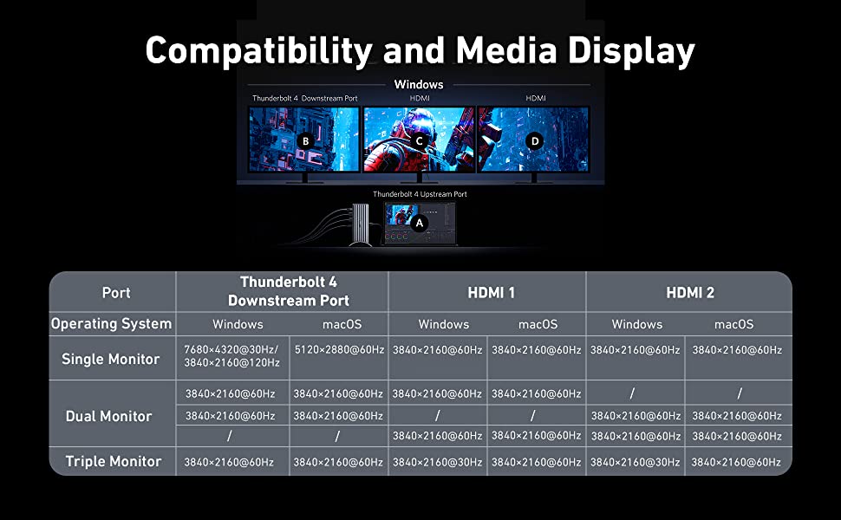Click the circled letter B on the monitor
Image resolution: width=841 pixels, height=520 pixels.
point(305,141)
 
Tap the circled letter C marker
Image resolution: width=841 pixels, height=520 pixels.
point(420,141)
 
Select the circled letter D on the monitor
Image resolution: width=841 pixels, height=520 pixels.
point(534,141)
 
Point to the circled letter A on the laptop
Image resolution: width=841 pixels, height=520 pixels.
point(420,223)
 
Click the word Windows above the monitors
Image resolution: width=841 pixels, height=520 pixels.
point(419,84)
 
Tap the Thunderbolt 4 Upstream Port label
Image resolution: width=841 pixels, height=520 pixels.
point(420,194)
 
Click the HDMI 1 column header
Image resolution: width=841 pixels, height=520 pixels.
point(491,293)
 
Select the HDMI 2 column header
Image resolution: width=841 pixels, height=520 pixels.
point(690,293)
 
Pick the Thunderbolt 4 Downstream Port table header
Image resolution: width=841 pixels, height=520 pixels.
point(289,291)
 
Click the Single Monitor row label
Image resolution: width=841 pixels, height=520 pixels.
point(110,359)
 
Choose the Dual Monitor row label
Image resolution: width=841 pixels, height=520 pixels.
point(109,416)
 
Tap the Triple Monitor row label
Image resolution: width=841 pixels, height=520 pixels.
point(114,461)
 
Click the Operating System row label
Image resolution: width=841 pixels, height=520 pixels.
point(112,324)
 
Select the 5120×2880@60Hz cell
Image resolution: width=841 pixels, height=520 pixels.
point(339,349)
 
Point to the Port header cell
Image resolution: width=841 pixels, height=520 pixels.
point(116,293)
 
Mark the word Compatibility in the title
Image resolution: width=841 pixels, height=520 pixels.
point(258,51)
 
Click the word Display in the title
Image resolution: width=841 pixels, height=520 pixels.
point(631,51)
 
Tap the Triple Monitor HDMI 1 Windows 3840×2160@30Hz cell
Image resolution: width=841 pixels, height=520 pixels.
point(437,462)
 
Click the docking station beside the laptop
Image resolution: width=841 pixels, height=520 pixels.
point(360,224)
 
